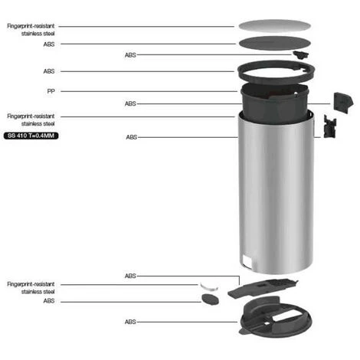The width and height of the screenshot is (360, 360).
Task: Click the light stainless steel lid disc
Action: (275, 26)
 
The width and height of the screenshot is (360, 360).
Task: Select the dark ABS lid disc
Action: (275, 43)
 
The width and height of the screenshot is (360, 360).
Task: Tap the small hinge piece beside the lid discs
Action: (300, 54)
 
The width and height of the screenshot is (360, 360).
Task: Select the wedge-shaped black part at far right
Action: (343, 103)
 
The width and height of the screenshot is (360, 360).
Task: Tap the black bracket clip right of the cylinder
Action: (330, 126)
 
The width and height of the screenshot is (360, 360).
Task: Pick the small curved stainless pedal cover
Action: (209, 287)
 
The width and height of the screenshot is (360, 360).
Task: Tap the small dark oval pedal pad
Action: (210, 299)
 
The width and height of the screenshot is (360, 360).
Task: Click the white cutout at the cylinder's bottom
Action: (247, 261)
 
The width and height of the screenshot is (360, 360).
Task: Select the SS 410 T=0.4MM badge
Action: (31, 136)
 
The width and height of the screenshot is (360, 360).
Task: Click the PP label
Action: (51, 91)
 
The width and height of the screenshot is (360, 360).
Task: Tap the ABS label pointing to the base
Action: (130, 322)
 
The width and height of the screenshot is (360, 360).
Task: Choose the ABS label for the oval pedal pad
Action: (49, 301)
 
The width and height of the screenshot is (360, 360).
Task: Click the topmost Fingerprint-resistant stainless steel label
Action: (31, 30)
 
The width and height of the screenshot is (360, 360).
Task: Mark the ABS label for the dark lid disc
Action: (49, 44)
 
